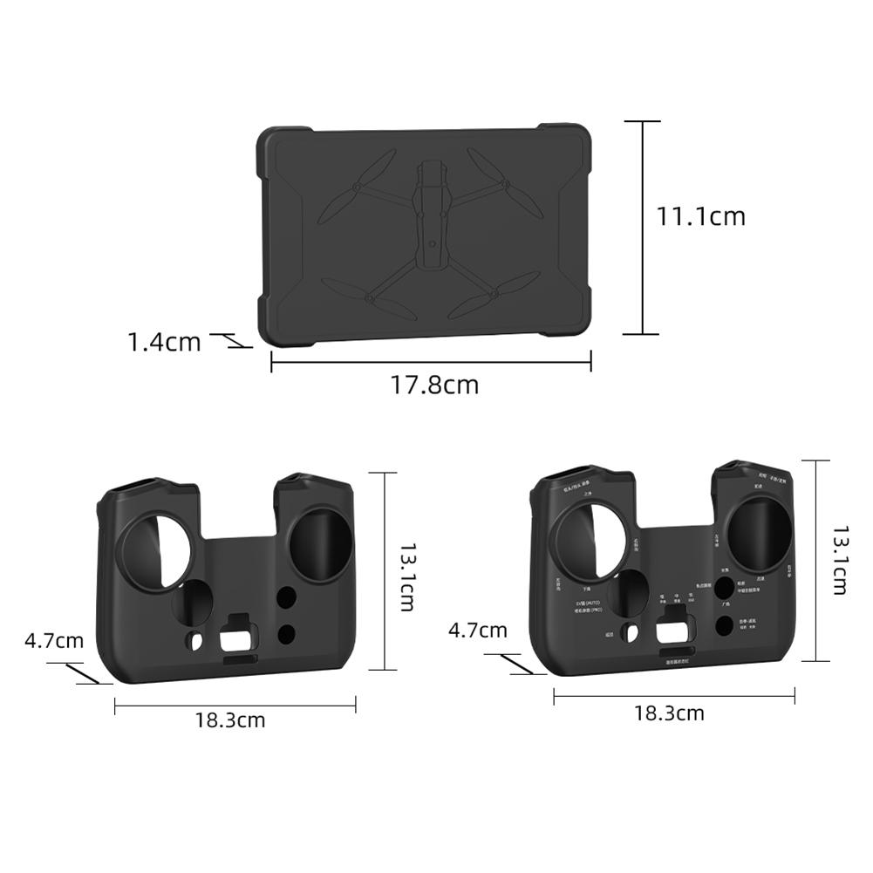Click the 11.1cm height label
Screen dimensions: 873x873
(701, 216)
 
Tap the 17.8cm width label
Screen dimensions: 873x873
(433, 385)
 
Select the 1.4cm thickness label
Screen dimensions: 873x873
(164, 342)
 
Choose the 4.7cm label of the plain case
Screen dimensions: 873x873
(54, 641)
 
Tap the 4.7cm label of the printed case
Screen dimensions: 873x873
(477, 630)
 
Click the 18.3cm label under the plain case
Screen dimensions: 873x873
(229, 720)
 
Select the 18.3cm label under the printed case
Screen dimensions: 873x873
(669, 713)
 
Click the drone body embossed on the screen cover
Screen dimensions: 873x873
(431, 214)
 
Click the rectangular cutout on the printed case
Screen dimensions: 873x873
(673, 631)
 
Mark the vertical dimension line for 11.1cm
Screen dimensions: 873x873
(644, 227)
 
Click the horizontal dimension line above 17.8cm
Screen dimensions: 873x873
(431, 360)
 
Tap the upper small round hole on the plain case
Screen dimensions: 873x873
(284, 597)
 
